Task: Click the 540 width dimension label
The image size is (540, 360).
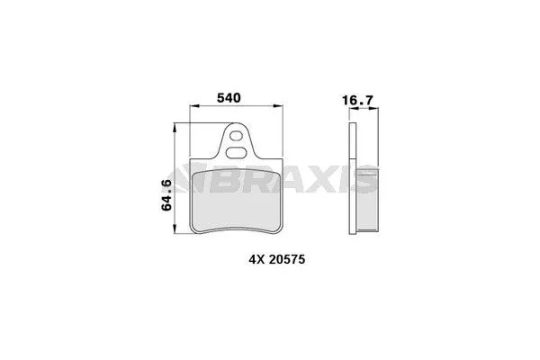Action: point(229,98)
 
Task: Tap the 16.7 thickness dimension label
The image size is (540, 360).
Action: point(358,100)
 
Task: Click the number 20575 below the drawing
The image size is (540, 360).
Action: point(287,259)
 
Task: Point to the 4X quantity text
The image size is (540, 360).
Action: point(256,259)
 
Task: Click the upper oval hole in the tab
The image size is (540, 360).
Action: point(236,136)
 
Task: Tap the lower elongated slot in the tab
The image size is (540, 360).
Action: point(236,153)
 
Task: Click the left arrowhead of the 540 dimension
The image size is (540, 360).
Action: point(194,106)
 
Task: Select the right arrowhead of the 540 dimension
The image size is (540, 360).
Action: point(278,106)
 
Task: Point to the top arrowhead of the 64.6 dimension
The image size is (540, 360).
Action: point(175,128)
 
